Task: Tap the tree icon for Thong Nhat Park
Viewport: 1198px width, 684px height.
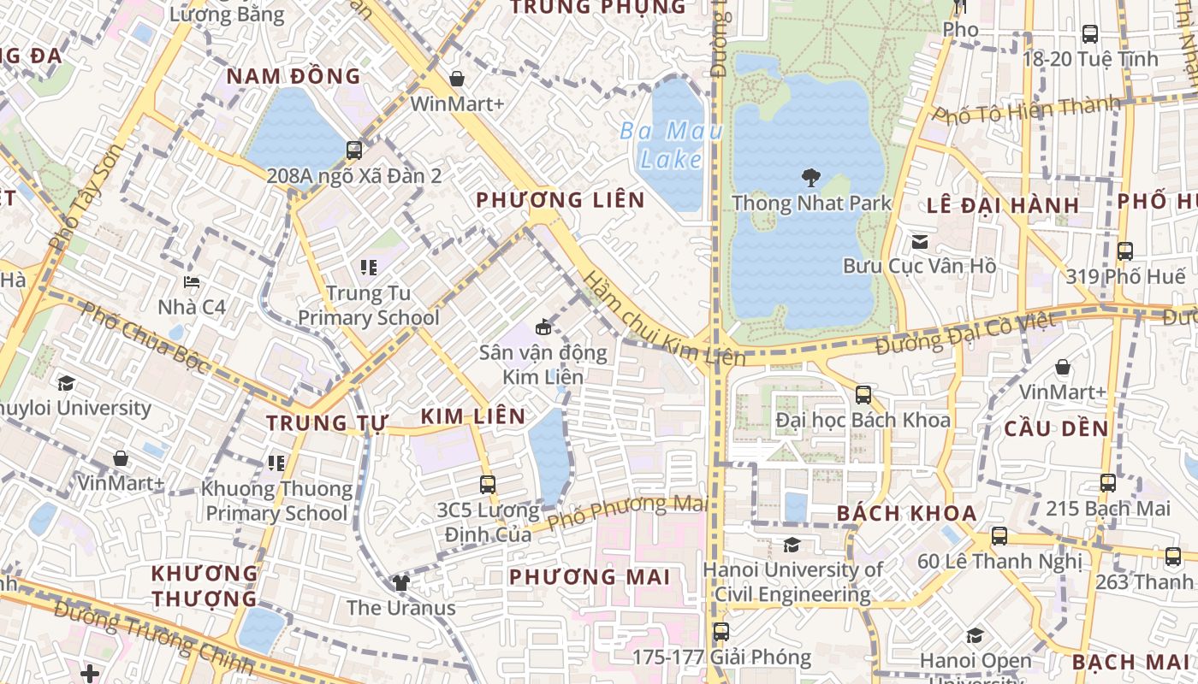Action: [810, 178]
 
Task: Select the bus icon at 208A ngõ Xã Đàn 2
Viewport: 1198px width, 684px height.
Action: [354, 150]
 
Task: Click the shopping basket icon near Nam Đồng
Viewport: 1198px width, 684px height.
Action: [457, 79]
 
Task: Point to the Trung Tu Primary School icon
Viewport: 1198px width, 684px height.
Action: [369, 268]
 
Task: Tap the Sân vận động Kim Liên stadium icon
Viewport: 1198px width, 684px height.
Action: [543, 327]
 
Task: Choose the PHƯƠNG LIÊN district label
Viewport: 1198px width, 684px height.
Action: [560, 200]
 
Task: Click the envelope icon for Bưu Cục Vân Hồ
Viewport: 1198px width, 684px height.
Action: [919, 242]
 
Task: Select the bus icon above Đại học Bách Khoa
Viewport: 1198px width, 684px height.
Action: [863, 394]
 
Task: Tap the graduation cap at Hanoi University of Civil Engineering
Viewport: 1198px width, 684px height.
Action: [792, 545]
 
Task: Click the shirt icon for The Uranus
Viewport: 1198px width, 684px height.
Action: [400, 583]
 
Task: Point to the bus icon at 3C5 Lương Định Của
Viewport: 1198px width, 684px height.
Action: [488, 485]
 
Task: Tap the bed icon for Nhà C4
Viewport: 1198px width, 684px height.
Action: [192, 281]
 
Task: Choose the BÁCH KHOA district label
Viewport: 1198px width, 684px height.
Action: [906, 513]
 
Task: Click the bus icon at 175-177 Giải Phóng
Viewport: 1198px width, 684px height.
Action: [721, 632]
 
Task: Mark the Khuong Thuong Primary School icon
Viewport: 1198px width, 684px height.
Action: [276, 463]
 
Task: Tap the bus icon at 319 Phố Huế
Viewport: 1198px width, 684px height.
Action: [1125, 251]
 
